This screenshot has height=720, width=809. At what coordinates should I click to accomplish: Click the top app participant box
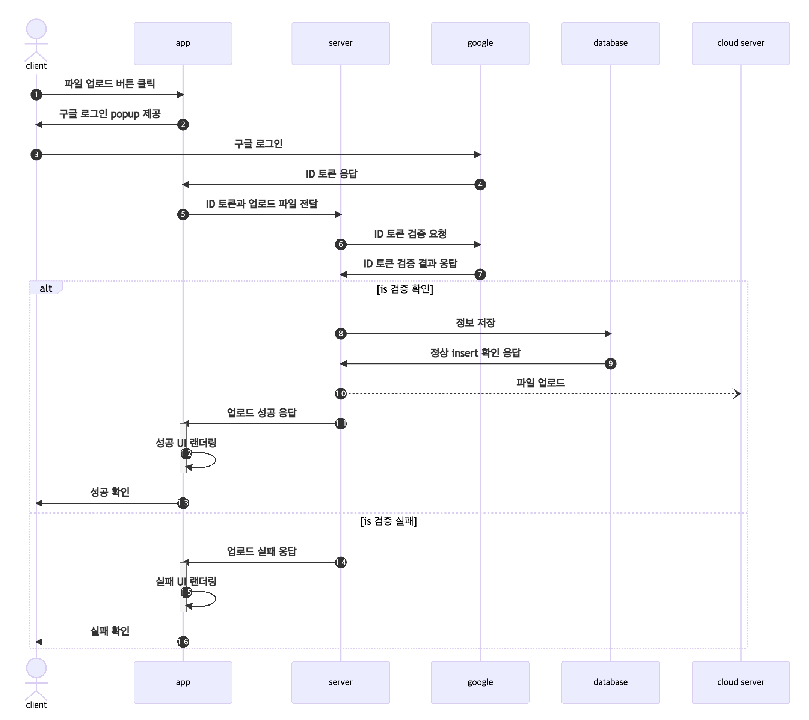point(183,43)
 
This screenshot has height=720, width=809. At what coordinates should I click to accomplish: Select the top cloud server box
point(741,43)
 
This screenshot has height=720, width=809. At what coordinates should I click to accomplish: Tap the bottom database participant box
point(610,682)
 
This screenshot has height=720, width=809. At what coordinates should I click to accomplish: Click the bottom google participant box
point(480,682)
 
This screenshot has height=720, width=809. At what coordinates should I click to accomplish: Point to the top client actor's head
point(36,29)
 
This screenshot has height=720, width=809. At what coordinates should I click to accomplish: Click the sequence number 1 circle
point(36,95)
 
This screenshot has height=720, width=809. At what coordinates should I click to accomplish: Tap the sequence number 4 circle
point(480,184)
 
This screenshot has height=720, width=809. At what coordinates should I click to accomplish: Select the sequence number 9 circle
point(610,363)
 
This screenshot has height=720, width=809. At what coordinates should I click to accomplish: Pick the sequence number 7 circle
point(480,274)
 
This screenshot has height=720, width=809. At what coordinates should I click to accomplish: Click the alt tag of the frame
point(46,288)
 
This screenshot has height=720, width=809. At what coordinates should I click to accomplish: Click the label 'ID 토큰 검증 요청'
point(411,234)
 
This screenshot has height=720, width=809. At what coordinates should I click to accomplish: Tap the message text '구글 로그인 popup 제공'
point(110,114)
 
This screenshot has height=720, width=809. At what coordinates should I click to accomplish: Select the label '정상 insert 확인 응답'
point(475,352)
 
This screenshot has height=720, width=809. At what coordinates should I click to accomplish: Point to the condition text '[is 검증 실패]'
point(389,521)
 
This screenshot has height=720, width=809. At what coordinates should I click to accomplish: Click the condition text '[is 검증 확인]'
point(405,289)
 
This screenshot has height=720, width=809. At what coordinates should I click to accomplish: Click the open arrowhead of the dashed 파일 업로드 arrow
point(737,394)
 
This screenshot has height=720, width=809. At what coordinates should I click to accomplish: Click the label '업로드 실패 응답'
point(262,551)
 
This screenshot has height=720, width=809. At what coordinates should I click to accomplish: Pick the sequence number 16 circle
point(183,642)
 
